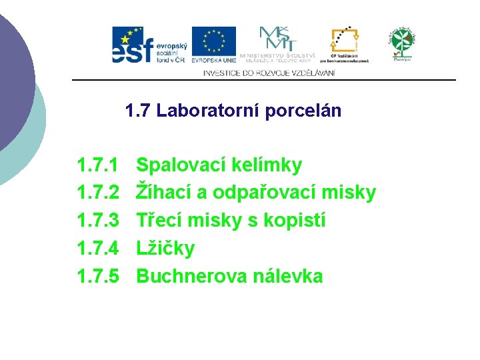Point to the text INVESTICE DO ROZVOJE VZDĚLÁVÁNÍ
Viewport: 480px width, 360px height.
(x=269, y=73)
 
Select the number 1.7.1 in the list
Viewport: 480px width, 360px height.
(x=98, y=165)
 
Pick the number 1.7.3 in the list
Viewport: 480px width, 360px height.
(x=98, y=221)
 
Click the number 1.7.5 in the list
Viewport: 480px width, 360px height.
(x=98, y=276)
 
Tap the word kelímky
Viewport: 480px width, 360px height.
(x=267, y=165)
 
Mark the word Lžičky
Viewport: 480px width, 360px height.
(x=165, y=249)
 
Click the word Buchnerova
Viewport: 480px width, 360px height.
(x=191, y=276)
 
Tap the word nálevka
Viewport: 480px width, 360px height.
(x=287, y=276)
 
